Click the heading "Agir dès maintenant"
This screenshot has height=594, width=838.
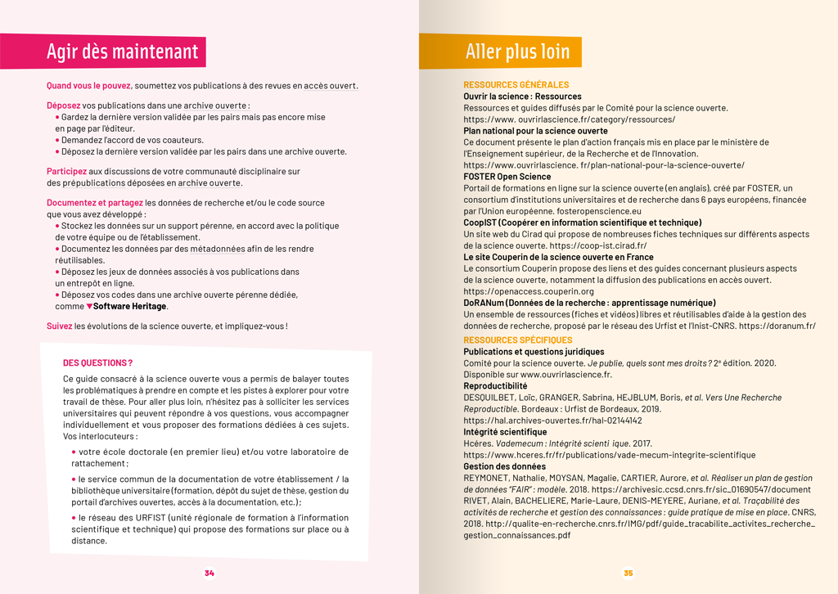tap(122, 52)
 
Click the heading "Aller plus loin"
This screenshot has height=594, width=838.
tap(517, 52)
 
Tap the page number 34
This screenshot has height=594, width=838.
tap(209, 573)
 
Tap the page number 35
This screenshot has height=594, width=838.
tap(628, 573)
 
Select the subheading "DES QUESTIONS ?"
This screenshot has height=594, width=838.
tap(97, 363)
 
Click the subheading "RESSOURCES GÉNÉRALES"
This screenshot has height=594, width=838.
tap(516, 85)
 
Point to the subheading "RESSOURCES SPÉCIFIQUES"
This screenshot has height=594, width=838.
tap(517, 340)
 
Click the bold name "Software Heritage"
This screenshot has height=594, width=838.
tap(130, 306)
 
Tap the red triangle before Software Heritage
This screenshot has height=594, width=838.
tap(89, 306)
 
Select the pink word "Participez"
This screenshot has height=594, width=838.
tap(66, 172)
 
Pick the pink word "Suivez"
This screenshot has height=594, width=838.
tap(59, 326)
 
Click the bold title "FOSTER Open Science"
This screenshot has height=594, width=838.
tap(507, 177)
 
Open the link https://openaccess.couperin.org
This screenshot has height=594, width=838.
tap(529, 291)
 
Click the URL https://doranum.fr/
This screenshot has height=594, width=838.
tap(777, 326)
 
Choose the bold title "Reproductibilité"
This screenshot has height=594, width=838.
tap(495, 386)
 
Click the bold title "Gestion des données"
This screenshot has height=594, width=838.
tap(504, 466)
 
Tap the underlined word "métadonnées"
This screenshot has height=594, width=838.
tap(217, 249)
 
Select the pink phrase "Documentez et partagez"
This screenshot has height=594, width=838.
tap(94, 202)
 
